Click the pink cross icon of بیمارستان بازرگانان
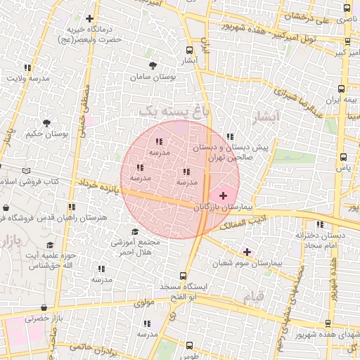[224, 195]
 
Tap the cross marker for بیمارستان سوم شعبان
[247, 251]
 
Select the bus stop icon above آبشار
[188, 50]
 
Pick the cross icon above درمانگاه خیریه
[89, 19]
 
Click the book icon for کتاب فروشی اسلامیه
[27, 171]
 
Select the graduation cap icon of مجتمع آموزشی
[135, 232]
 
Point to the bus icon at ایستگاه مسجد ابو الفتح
[184, 276]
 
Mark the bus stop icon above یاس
[343, 157]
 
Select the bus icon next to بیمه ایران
[341, 89]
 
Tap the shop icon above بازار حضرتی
[44, 307]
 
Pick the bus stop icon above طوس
[190, 345]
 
